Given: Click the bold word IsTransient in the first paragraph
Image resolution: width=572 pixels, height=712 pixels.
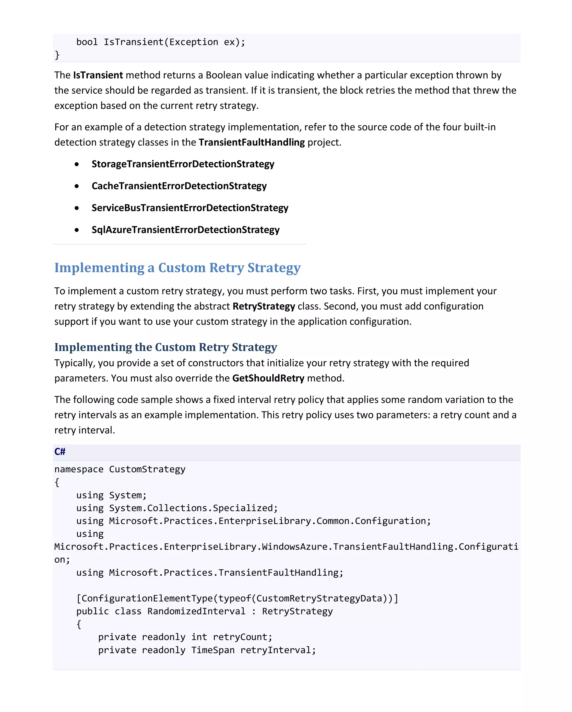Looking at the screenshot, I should coord(98,75).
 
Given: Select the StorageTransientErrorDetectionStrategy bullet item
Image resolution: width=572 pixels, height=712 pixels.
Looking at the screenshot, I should coord(183,164).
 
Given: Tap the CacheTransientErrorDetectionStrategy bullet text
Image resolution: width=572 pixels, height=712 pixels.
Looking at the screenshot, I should coord(179,186).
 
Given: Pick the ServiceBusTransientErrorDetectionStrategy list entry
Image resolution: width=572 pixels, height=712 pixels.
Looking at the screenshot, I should coord(190,208).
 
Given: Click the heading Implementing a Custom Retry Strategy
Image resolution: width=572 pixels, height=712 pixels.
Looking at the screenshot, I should coord(177,267).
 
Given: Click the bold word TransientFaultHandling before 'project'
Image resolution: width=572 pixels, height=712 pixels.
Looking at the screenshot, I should coord(251,142).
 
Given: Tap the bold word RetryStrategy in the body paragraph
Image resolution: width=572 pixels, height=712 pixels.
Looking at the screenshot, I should coord(264,307).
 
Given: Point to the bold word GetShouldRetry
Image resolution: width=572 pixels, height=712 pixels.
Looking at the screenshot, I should coord(268,378).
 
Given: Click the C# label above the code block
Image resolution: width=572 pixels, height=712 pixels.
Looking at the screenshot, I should coord(60,452).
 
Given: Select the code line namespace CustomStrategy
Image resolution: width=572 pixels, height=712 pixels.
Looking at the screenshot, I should coord(120,469).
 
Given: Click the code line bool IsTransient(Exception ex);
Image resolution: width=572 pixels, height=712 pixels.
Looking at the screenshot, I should coord(161,42).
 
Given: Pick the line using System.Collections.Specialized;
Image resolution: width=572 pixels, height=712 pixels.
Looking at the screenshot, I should coord(177,508).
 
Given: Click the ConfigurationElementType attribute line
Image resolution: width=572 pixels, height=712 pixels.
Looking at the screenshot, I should coord(237,598).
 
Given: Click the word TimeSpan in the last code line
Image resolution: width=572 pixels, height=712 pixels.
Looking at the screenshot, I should coord(213,650).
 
